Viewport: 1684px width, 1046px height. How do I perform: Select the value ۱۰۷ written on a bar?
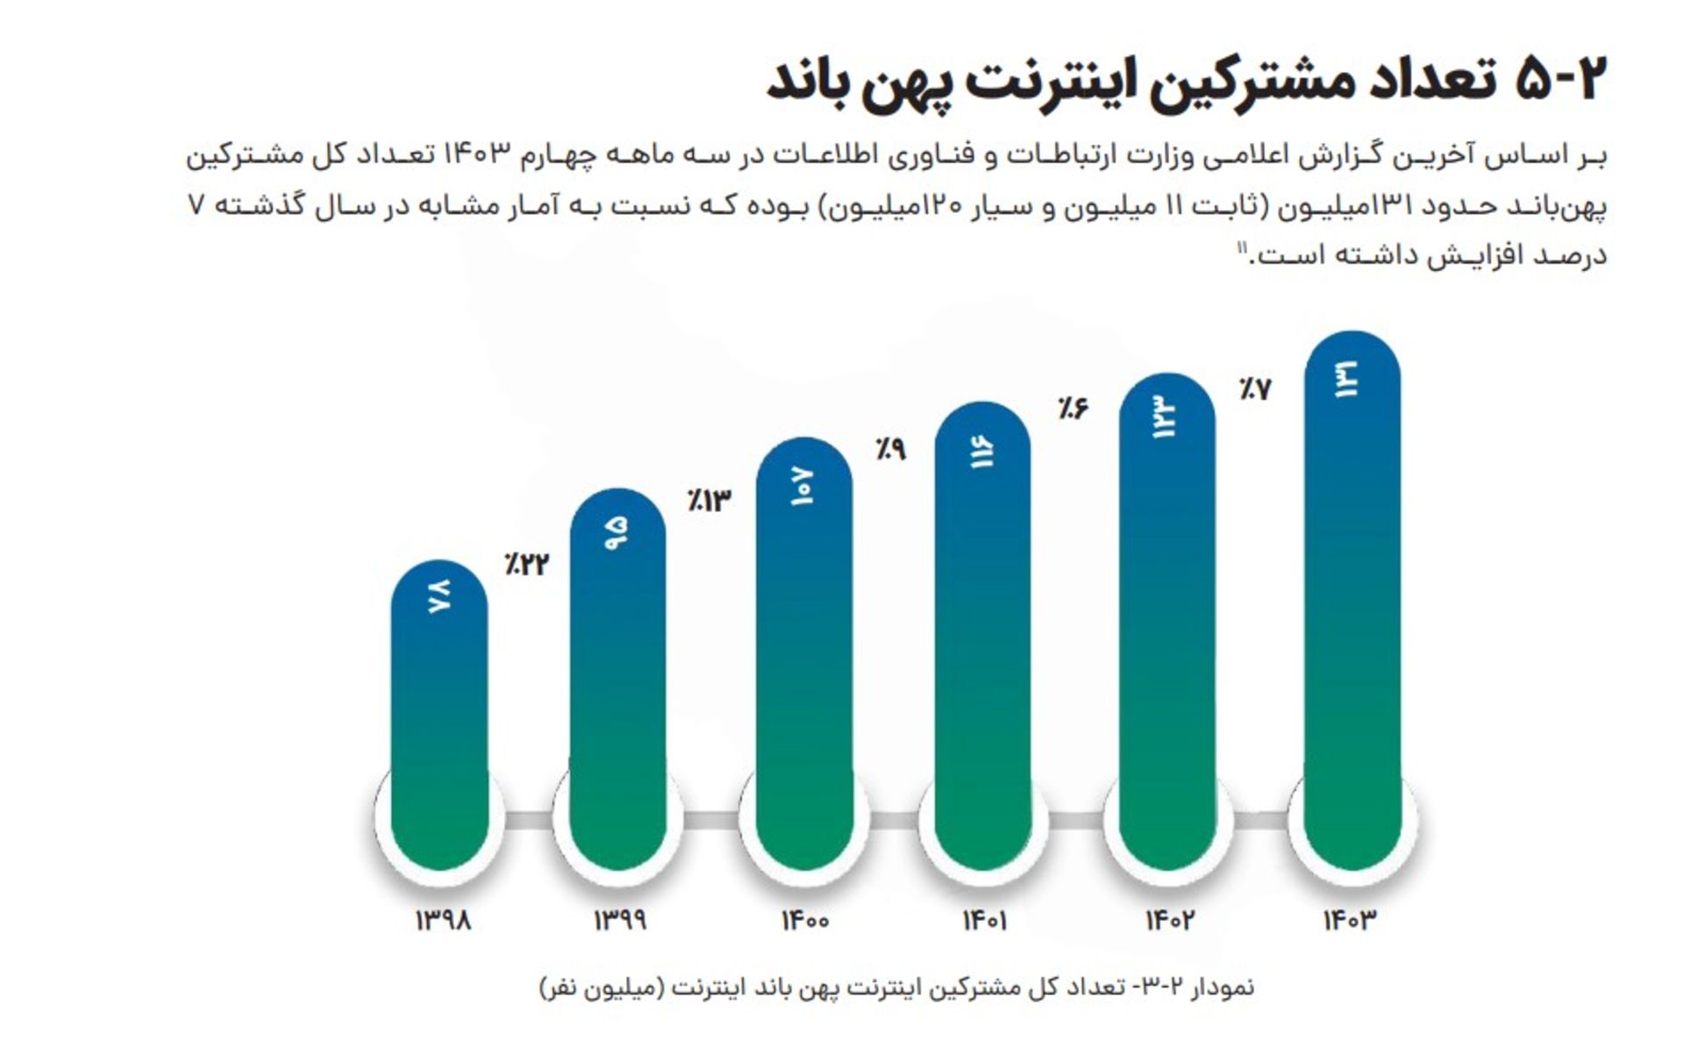803,487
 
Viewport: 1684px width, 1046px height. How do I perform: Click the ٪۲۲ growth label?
526,564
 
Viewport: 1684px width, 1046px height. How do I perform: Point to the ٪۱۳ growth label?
709,501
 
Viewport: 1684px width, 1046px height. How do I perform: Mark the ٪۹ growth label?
889,449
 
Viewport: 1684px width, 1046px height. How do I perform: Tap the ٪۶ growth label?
1072,408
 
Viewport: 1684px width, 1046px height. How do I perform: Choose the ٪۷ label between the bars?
1255,388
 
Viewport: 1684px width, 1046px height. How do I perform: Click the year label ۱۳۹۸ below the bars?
443,921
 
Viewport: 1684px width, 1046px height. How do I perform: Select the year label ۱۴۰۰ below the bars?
805,921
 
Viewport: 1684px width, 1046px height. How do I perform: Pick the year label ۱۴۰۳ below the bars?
1350,921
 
